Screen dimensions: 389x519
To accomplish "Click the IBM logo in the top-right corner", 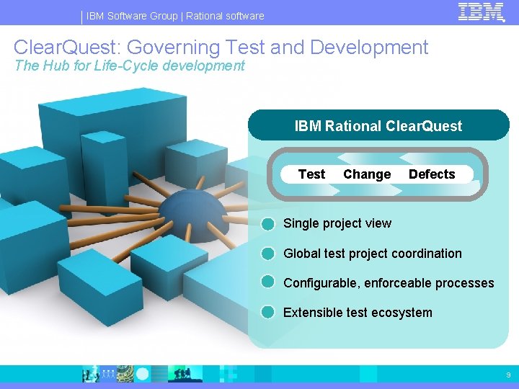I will pyautogui.click(x=481, y=12).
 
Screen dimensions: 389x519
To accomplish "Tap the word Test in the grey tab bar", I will pyautogui.click(x=311, y=174).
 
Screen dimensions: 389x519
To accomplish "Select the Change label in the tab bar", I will pyautogui.click(x=367, y=174).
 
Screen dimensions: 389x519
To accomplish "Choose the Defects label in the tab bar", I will pyautogui.click(x=432, y=174).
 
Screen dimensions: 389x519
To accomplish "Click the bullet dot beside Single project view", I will pyautogui.click(x=268, y=223).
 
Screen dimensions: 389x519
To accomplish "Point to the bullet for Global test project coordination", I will pyautogui.click(x=268, y=254).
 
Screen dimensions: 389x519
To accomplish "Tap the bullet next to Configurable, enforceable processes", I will pyautogui.click(x=268, y=282).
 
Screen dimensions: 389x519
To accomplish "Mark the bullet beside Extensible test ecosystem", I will pyautogui.click(x=268, y=312).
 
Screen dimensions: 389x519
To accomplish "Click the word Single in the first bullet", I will pyautogui.click(x=301, y=223).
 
